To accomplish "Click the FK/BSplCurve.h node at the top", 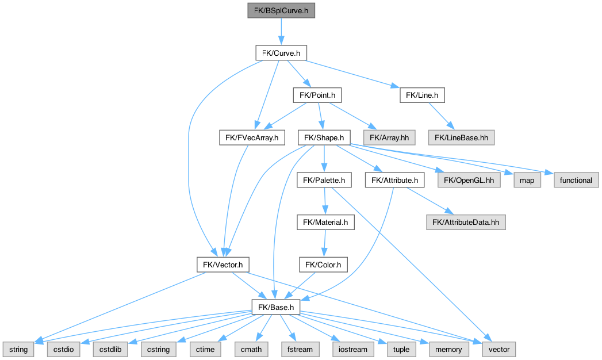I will tap(281, 10).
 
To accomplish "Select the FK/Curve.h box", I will tap(281, 53).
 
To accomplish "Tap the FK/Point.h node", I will tap(317, 95).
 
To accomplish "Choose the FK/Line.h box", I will tap(422, 95).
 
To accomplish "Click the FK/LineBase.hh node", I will tap(461, 137).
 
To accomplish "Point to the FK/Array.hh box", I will tap(388, 137).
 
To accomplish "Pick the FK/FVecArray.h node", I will tap(252, 137).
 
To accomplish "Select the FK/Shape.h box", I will tap(324, 137).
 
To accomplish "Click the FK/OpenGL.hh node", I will tap(469, 180).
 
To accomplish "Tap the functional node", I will tap(576, 180).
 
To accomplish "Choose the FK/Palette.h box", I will tap(324, 180).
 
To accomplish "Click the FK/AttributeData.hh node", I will tap(466, 222).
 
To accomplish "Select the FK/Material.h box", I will tap(324, 222).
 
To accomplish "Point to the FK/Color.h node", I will tap(323, 265).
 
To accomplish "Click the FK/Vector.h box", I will tap(223, 265).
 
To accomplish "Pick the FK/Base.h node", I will tap(276, 307).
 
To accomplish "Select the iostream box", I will tap(348, 349).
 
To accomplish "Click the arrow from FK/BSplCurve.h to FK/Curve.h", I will tap(281, 32).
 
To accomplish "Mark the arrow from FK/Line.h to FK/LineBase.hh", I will tap(442, 116).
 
